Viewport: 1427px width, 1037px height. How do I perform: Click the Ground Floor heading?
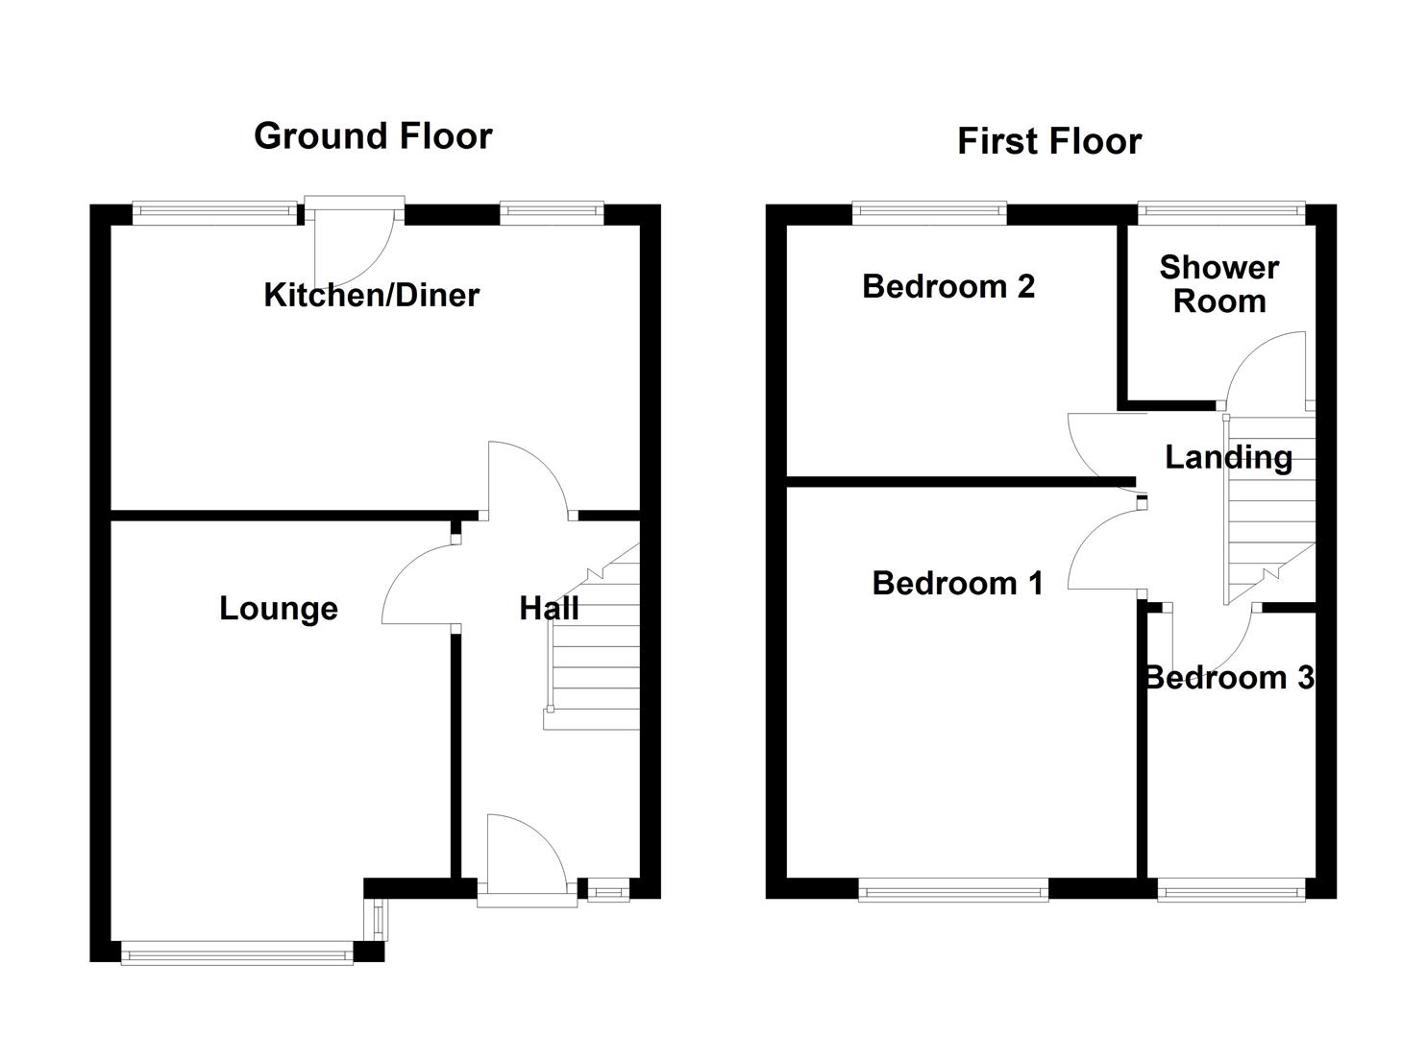pyautogui.click(x=373, y=136)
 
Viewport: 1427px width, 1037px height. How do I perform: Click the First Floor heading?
pyautogui.click(x=1049, y=142)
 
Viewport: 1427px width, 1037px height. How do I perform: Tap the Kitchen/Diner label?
pyautogui.click(x=372, y=295)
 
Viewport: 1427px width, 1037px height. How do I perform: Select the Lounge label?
pyautogui.click(x=279, y=609)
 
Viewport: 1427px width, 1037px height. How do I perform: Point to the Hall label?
pyautogui.click(x=549, y=608)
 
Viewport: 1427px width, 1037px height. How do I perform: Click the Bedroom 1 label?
pyautogui.click(x=957, y=583)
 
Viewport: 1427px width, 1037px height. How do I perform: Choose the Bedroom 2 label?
pyautogui.click(x=948, y=286)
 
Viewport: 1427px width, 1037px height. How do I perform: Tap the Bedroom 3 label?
pyautogui.click(x=1229, y=678)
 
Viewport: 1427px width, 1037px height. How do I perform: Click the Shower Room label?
pyautogui.click(x=1218, y=284)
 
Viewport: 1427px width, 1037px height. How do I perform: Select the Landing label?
pyautogui.click(x=1228, y=457)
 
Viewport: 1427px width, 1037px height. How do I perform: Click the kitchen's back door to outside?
pyautogui.click(x=354, y=240)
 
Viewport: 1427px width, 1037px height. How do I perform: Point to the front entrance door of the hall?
pyautogui.click(x=525, y=855)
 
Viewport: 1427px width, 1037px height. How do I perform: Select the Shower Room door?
pyautogui.click(x=1264, y=370)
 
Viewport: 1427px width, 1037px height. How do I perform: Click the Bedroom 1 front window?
pyautogui.click(x=953, y=892)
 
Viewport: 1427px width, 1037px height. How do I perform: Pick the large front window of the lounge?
pyautogui.click(x=236, y=953)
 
